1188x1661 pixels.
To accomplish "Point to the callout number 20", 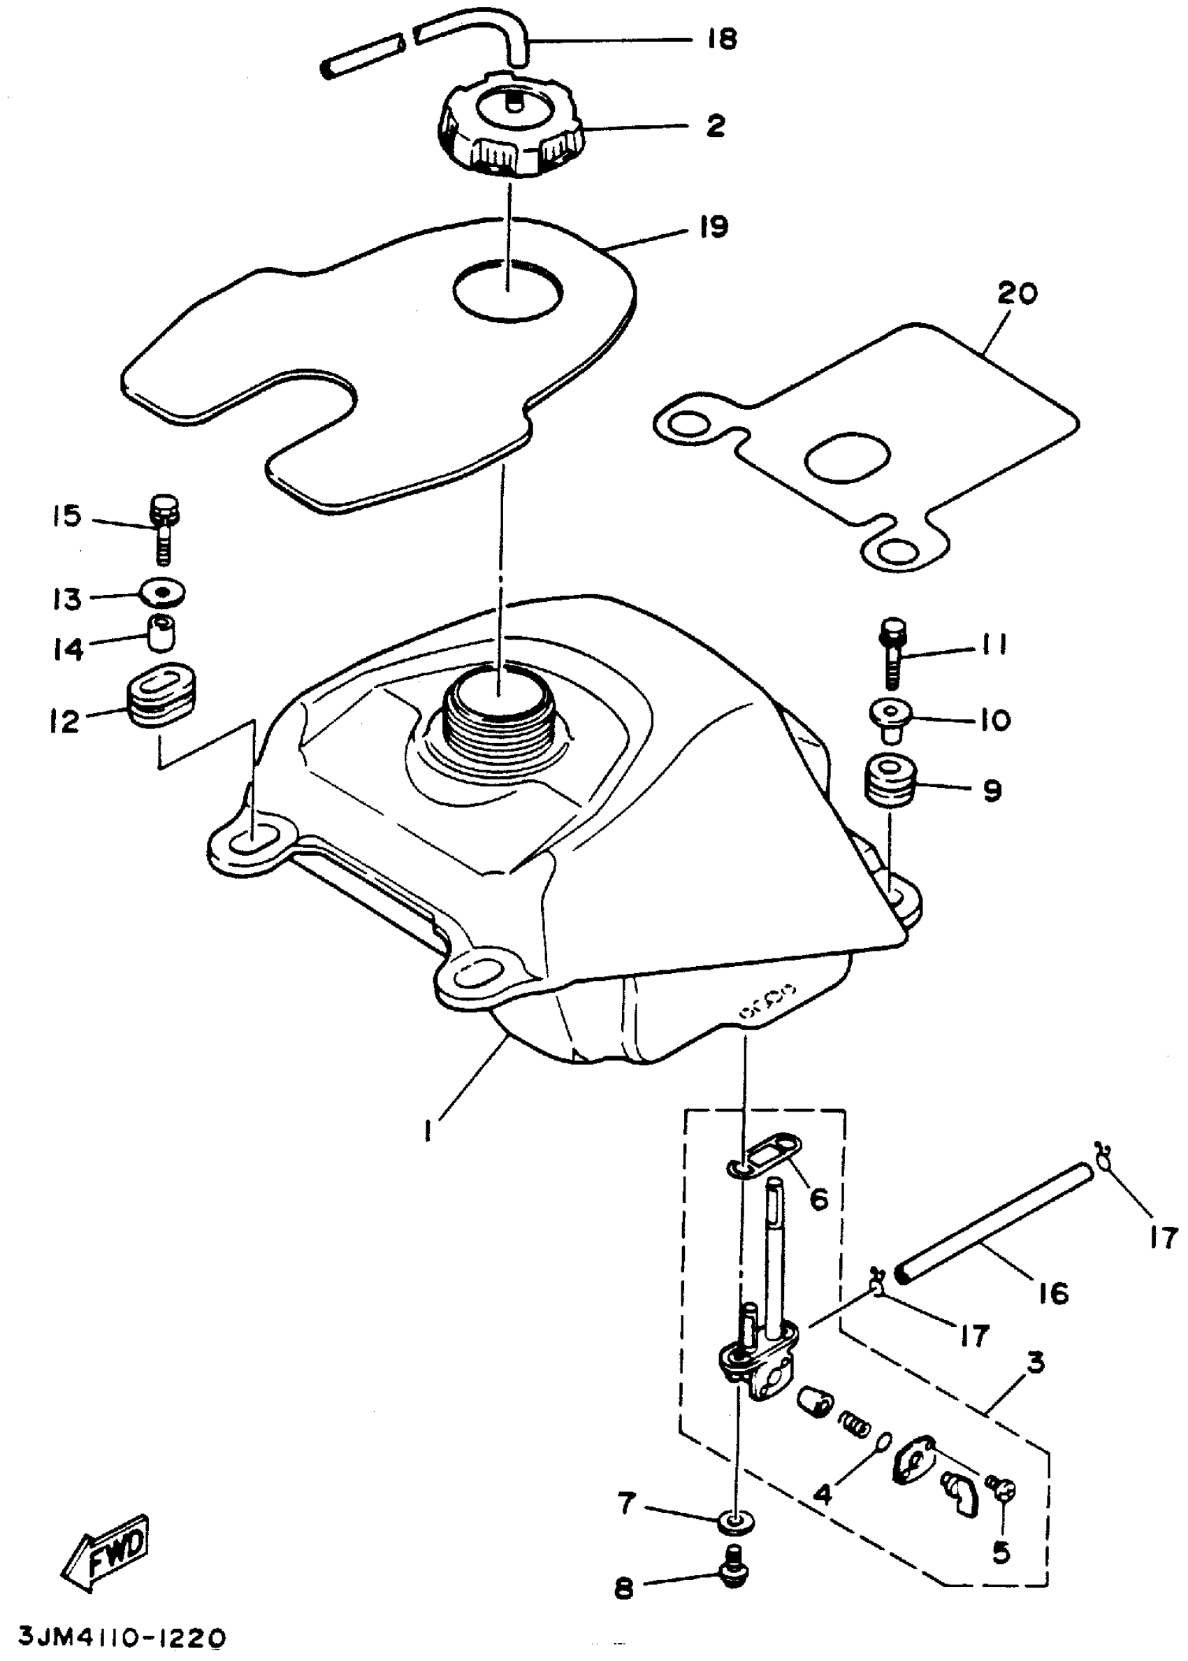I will (1017, 294).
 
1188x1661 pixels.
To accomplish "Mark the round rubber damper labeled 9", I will (889, 782).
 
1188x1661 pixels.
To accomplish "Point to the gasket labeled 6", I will (768, 1160).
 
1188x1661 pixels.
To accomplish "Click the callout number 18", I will (723, 38).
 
